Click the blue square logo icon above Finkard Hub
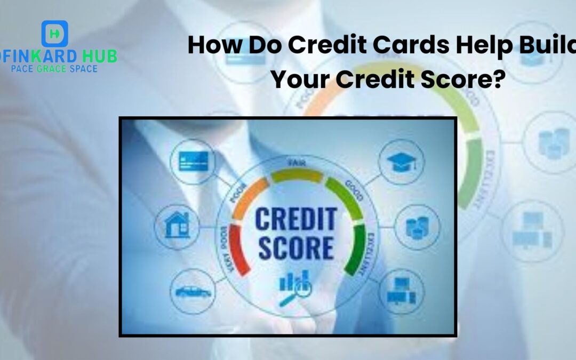click(x=55, y=34)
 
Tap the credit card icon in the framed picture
click(x=190, y=159)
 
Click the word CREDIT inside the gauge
click(x=295, y=219)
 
